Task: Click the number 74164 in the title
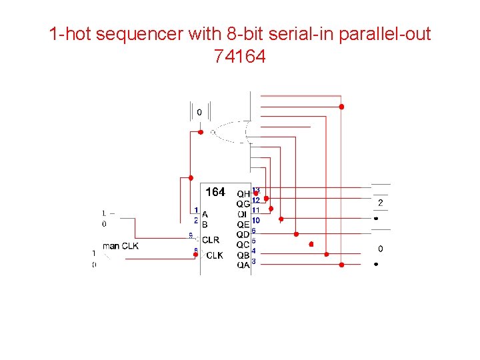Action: coord(240,57)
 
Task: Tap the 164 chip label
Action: coord(215,193)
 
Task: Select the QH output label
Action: coord(243,194)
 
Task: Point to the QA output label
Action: coord(243,265)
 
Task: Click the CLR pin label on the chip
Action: coord(211,240)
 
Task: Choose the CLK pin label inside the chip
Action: coord(215,255)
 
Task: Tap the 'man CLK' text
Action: coord(121,246)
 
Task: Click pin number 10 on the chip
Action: coord(256,220)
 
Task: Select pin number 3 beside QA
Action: coord(254,261)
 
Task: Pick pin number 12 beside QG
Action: coord(256,200)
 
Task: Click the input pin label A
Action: coord(205,215)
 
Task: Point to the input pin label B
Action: coord(205,225)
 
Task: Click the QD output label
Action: coord(243,235)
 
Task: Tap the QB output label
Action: coord(243,255)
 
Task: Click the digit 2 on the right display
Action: coord(381,203)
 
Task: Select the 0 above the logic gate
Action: coord(199,113)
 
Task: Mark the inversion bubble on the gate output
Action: coord(213,132)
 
